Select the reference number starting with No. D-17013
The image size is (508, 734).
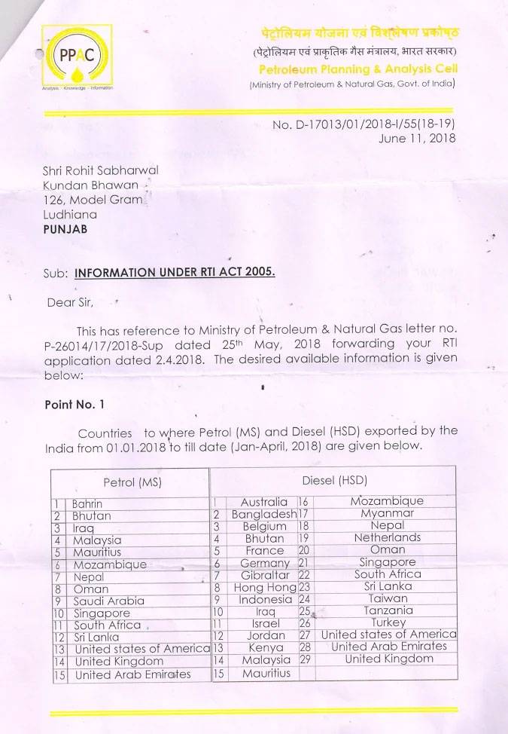click(364, 124)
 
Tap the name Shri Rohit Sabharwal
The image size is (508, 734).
click(101, 170)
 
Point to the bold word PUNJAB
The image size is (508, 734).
click(65, 228)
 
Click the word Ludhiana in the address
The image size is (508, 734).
click(70, 214)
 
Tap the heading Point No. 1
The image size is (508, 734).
click(75, 404)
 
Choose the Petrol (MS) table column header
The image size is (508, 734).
click(132, 481)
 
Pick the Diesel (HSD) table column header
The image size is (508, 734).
click(334, 480)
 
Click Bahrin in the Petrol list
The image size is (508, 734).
click(87, 503)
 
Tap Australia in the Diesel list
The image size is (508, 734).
click(263, 501)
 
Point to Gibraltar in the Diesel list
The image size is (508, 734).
click(264, 574)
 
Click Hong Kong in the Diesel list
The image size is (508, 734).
click(265, 587)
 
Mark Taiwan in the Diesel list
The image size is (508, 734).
click(388, 598)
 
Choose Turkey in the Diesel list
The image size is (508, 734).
click(388, 622)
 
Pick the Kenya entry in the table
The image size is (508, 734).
click(265, 647)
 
